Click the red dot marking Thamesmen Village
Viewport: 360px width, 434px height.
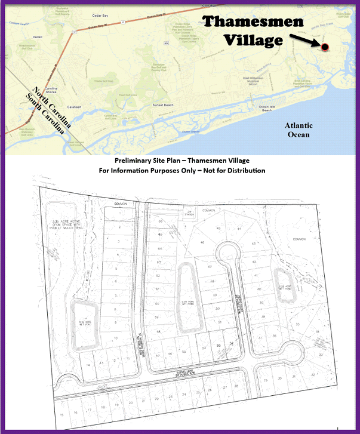[324, 47]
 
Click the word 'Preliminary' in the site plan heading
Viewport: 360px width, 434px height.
[134, 161]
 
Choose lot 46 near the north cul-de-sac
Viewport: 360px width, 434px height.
[202, 242]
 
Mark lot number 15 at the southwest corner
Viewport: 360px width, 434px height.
[61, 413]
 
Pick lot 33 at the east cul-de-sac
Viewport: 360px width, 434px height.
[321, 355]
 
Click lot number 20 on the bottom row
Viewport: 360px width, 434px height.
[131, 403]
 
